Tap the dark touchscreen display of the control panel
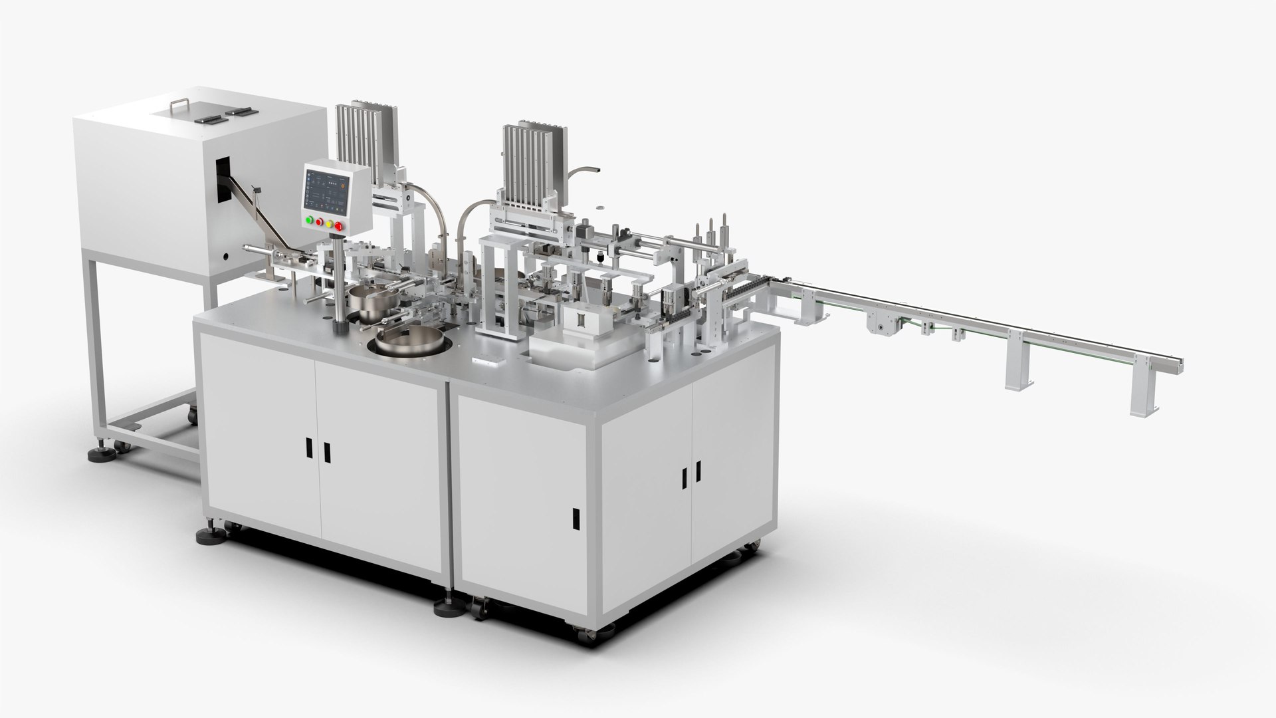click(x=326, y=189)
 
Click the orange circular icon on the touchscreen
click(x=344, y=187)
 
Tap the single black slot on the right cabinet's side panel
click(x=576, y=516)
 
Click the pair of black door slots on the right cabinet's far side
click(x=691, y=473)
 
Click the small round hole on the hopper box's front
click(x=225, y=255)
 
